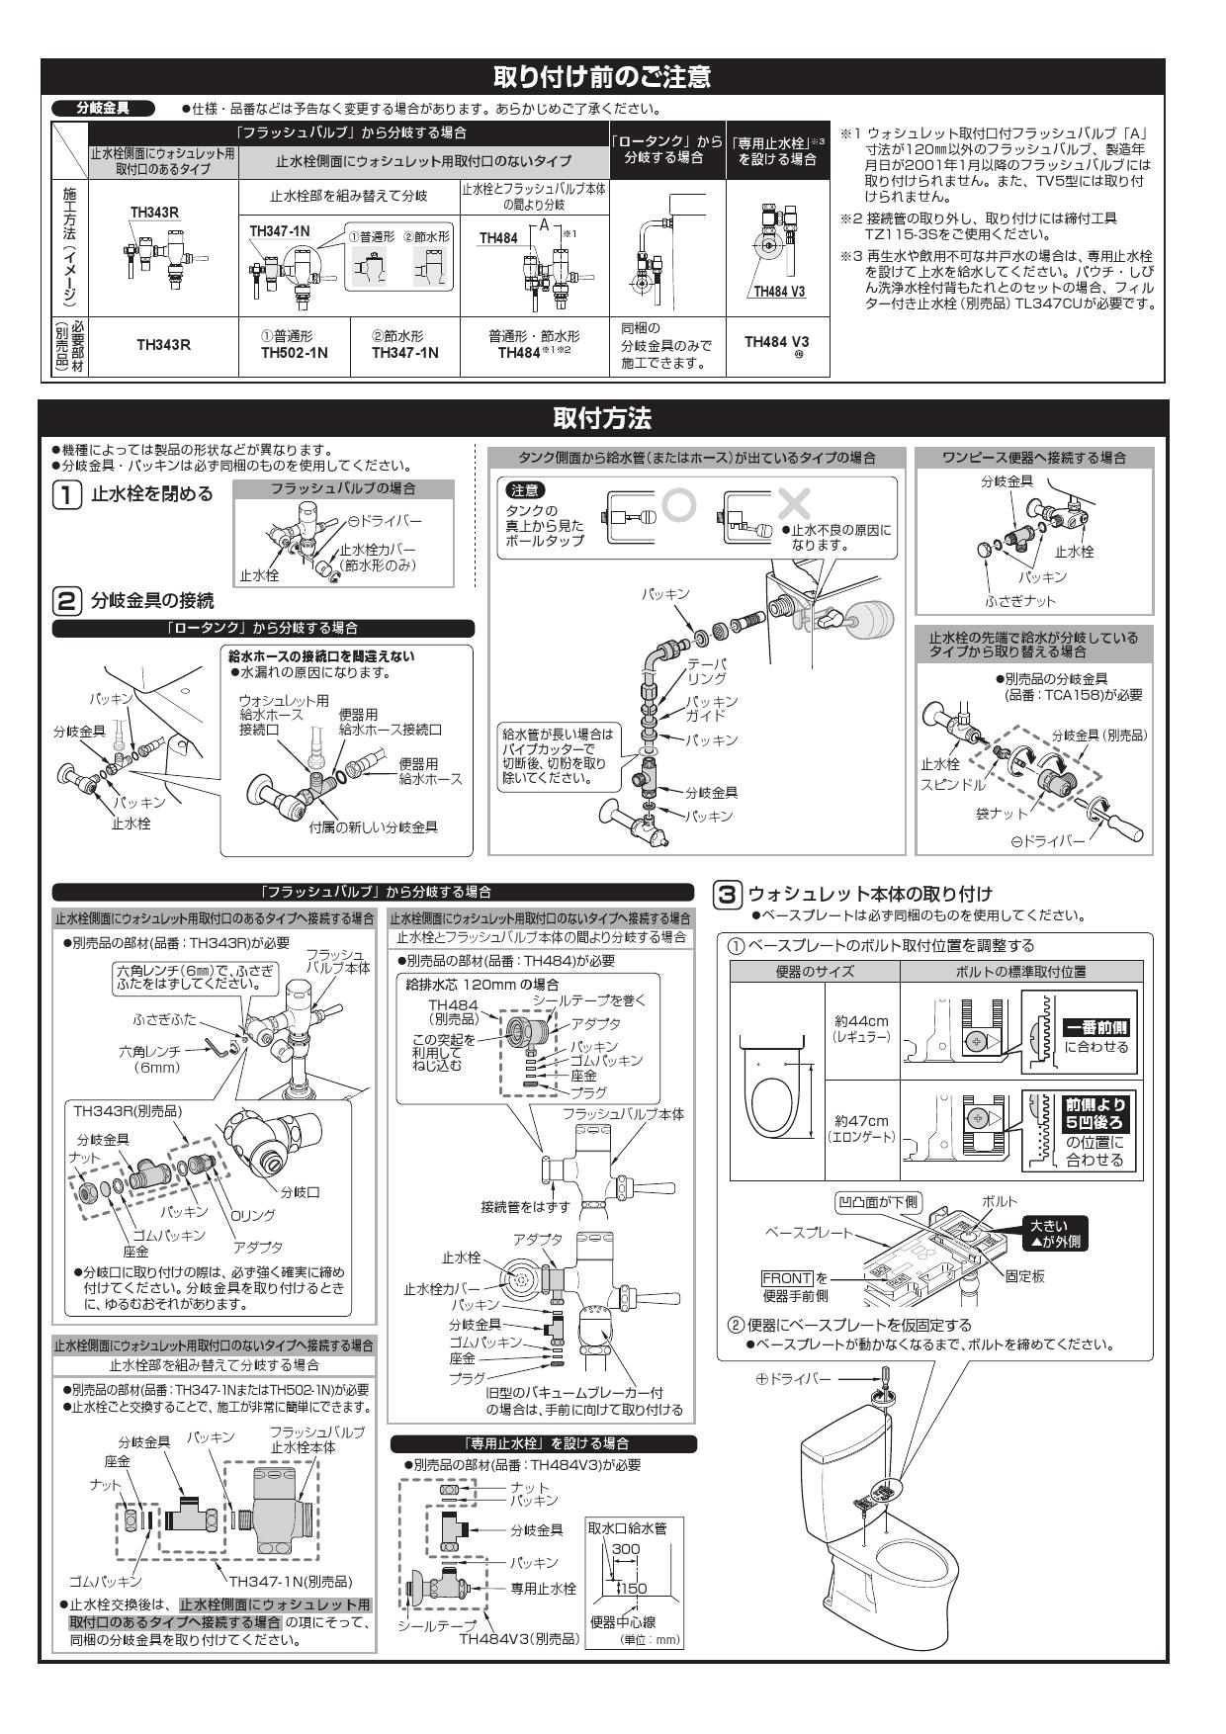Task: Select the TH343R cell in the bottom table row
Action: pyautogui.click(x=163, y=345)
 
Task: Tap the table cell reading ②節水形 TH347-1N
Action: pyautogui.click(x=405, y=345)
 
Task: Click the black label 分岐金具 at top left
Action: pyautogui.click(x=103, y=108)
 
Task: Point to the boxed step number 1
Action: pyautogui.click(x=66, y=494)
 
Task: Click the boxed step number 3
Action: pyautogui.click(x=725, y=894)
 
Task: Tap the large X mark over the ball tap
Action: pyautogui.click(x=794, y=504)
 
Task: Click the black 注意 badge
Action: pyautogui.click(x=525, y=490)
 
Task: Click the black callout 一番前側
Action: pyautogui.click(x=1095, y=1028)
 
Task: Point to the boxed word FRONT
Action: pyautogui.click(x=787, y=1278)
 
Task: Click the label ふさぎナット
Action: pyautogui.click(x=1019, y=601)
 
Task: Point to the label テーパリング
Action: pyautogui.click(x=707, y=671)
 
